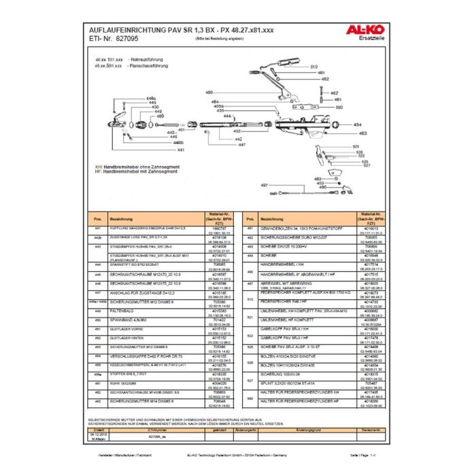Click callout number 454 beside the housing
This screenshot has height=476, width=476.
(358, 125)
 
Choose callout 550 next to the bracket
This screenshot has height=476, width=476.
(339, 107)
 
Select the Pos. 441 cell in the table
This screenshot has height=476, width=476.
(98, 229)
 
